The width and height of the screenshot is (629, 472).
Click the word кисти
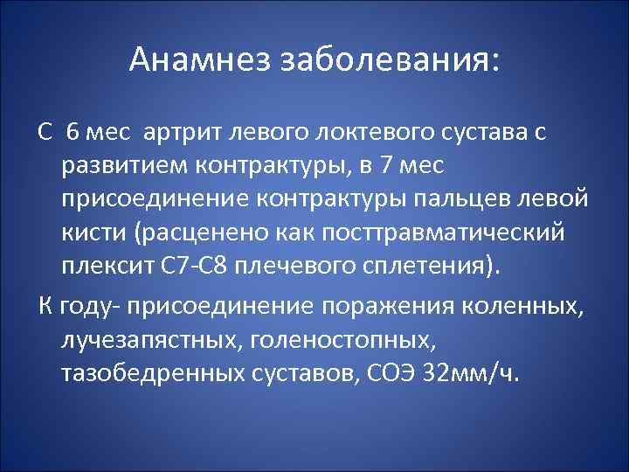[90, 233]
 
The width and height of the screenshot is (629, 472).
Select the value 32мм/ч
[470, 374]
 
